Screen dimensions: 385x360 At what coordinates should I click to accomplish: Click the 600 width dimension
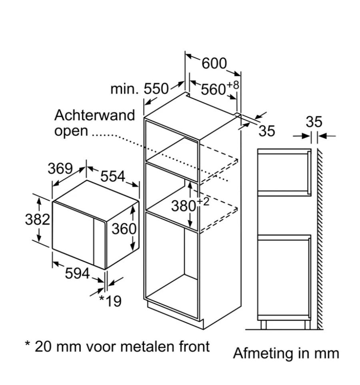tap(214, 64)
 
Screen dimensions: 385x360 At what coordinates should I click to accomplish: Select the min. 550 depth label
tap(140, 88)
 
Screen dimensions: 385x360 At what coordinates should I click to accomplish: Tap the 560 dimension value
tap(213, 90)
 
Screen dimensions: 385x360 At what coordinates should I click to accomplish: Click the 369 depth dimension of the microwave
tap(60, 168)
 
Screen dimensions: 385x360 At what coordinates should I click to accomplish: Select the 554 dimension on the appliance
tap(112, 176)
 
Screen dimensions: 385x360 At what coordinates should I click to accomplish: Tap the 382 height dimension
tap(37, 220)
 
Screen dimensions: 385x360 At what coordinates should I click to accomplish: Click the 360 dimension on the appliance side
tap(124, 229)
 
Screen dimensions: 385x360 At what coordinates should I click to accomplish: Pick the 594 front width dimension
tap(77, 274)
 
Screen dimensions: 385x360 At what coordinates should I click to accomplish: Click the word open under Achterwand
tap(71, 131)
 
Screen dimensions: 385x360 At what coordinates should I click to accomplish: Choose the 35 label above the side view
tap(314, 122)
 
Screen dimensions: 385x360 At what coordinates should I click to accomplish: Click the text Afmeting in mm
tap(286, 353)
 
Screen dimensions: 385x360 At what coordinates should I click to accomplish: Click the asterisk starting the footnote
tap(28, 345)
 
